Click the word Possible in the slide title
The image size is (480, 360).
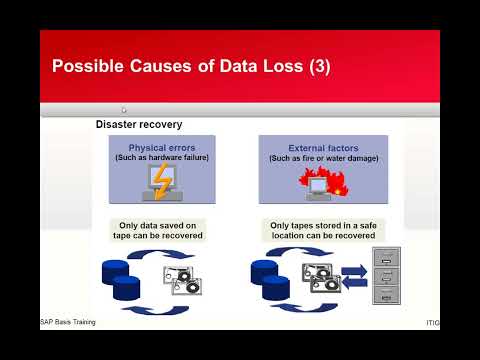pos(85,67)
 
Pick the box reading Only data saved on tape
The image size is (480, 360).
pos(157,230)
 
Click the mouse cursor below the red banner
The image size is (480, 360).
pos(123,110)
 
